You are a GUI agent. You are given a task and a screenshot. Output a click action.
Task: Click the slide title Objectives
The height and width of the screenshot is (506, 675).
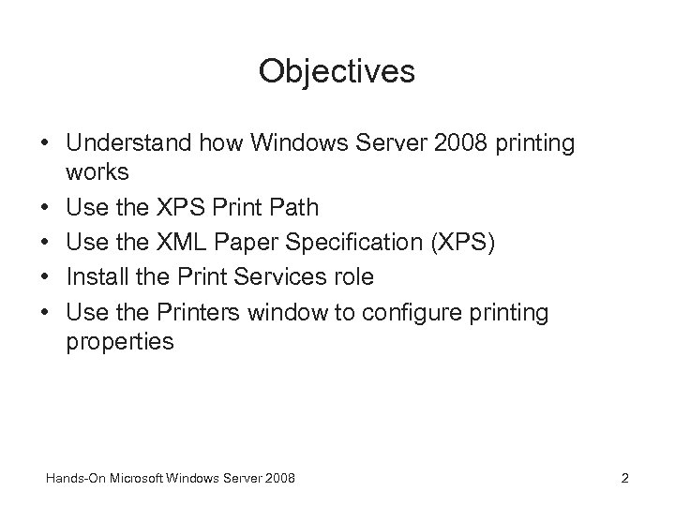(x=337, y=70)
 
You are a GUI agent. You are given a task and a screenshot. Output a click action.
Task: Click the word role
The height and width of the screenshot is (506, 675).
(x=354, y=276)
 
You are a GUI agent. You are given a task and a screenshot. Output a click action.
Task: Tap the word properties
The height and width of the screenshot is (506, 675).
(x=120, y=342)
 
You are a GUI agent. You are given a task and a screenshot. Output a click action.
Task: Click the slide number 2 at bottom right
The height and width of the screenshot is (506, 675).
(x=624, y=479)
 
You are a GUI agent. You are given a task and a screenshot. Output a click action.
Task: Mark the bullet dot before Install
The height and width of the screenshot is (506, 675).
(x=45, y=277)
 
